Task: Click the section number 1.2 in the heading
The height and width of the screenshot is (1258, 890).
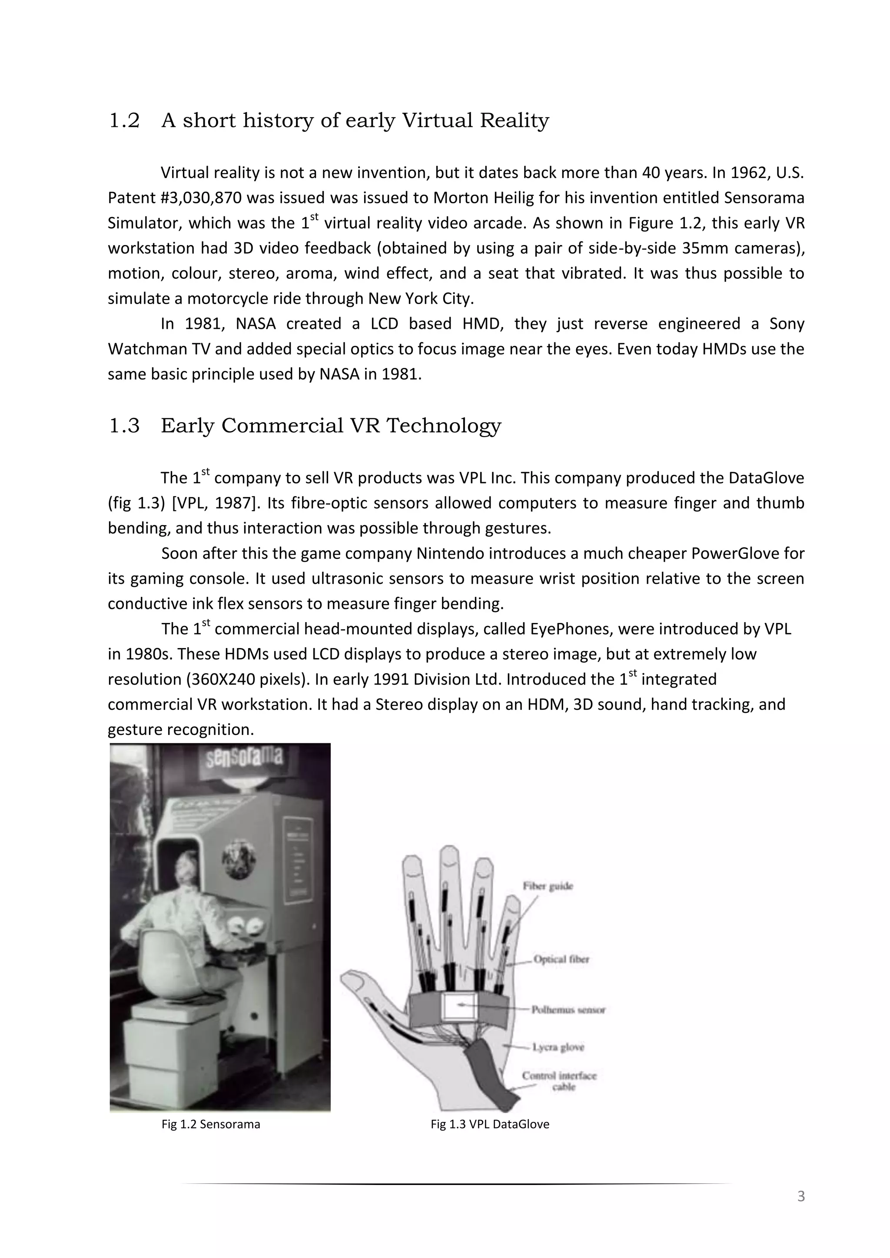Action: (124, 120)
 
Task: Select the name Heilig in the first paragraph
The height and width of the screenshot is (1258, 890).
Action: (515, 198)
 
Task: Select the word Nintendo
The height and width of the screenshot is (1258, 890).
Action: (449, 553)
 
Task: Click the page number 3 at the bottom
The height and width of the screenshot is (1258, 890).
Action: (800, 1197)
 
